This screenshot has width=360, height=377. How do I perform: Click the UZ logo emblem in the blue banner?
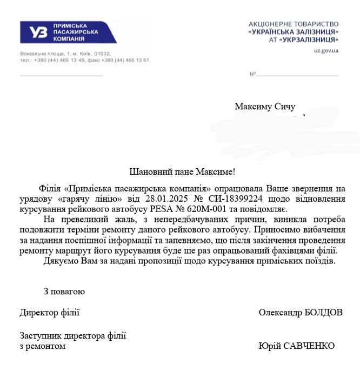pyautogui.click(x=38, y=32)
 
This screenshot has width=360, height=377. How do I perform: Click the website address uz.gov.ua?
pyautogui.click(x=326, y=51)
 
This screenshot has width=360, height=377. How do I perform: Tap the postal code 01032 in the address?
pyautogui.click(x=102, y=54)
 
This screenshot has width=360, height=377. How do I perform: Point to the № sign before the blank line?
pyautogui.click(x=252, y=74)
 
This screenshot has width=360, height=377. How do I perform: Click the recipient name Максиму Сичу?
pyautogui.click(x=265, y=107)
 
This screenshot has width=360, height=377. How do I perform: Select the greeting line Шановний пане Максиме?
pyautogui.click(x=183, y=172)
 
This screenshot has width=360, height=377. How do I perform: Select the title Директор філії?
pyautogui.click(x=49, y=313)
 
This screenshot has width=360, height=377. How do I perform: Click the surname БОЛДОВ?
pyautogui.click(x=321, y=313)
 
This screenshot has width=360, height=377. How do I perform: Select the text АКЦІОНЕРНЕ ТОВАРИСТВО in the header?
pyautogui.click(x=294, y=24)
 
